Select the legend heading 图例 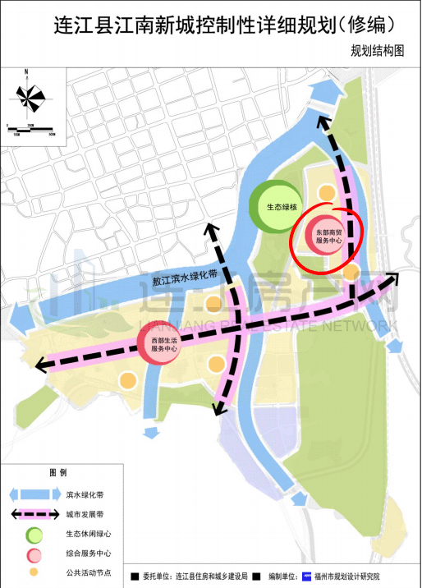click(x=57, y=473)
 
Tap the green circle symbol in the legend click(x=34, y=534)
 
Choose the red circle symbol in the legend click(x=34, y=552)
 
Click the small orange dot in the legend click(x=34, y=571)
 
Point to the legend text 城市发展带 click(x=81, y=515)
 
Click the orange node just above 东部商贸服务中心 click(x=326, y=194)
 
